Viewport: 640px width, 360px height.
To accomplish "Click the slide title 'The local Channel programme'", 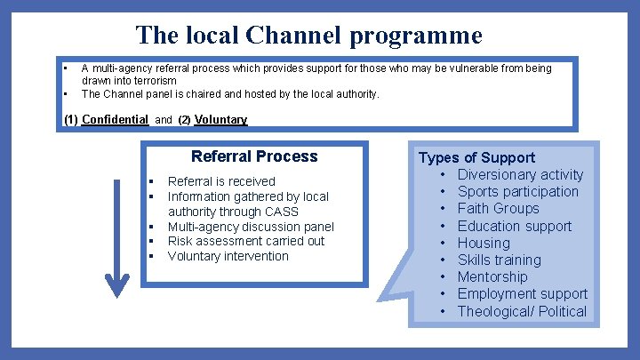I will tap(308, 36).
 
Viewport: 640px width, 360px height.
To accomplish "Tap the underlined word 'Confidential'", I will tap(115, 119).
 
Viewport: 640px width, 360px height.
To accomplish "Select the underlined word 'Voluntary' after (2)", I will tap(220, 119).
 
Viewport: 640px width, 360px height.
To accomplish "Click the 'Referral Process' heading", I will tap(254, 156).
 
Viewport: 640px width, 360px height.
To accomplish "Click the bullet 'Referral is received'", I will tap(221, 181).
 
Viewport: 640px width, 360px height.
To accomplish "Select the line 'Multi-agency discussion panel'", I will tap(251, 227).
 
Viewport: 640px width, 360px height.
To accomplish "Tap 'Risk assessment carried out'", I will tap(246, 241).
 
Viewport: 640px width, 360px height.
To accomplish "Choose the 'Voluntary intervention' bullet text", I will tap(228, 256).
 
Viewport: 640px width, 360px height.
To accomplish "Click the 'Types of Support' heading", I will tap(477, 157).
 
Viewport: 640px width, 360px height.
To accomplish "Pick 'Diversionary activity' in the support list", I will tap(520, 175).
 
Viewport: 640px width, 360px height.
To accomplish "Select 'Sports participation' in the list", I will tap(517, 192).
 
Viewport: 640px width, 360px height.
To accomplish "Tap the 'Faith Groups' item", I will tap(498, 209).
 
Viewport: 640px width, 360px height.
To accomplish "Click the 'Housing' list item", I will tap(484, 243).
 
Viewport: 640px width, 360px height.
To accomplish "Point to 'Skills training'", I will tap(499, 260).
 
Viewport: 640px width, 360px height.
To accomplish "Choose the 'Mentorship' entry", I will tap(492, 276).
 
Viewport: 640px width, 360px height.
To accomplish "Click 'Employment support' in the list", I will tap(522, 293).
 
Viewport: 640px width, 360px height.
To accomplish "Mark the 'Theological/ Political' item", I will tap(522, 311).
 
